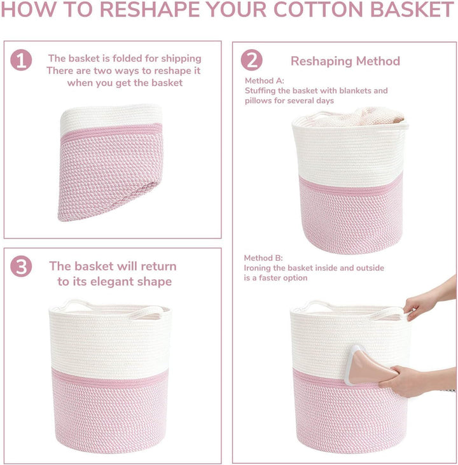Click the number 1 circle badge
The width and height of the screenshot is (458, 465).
tap(21, 60)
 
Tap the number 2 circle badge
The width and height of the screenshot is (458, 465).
tap(251, 60)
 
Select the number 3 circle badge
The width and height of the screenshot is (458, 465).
tap(21, 267)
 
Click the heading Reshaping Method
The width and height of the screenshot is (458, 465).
tap(345, 61)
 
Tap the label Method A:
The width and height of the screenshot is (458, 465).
tap(265, 81)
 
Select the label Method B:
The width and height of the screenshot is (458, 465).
tap(265, 258)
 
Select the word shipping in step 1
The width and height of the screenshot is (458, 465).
tap(180, 59)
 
